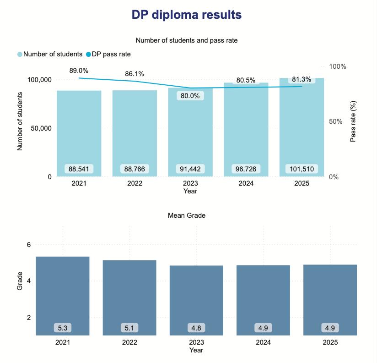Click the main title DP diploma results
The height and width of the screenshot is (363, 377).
187,15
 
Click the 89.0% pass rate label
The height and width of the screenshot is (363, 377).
79,71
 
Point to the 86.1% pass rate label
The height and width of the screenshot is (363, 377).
135,74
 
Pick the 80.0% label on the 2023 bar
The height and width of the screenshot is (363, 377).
190,96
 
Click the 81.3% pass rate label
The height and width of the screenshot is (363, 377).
302,79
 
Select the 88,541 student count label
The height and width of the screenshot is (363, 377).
79,169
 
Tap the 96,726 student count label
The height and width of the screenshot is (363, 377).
246,169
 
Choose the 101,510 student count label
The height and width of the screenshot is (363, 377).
302,169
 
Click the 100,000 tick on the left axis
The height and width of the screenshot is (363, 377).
39,80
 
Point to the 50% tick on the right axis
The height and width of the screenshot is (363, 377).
338,121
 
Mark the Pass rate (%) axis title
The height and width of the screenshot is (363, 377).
353,121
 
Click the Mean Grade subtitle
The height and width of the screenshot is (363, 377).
187,215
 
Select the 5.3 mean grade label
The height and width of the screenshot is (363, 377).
63,328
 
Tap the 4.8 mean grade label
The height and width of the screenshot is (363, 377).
196,328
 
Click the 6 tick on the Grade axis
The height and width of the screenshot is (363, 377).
28,245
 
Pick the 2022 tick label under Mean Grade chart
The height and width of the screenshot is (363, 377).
129,342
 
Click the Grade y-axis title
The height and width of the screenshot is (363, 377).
20,281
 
